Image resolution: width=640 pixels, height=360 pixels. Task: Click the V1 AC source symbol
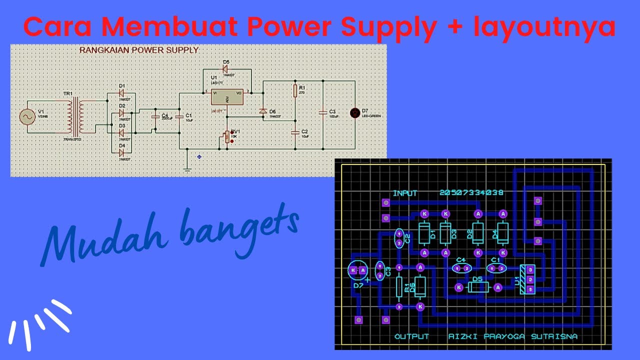click(x=27, y=117)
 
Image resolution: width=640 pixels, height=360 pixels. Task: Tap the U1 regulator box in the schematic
click(x=227, y=97)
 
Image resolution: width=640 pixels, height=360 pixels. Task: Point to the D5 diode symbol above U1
click(x=225, y=69)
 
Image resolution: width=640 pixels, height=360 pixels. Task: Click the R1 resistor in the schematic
click(x=295, y=90)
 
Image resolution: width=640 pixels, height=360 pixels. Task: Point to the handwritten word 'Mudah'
click(x=95, y=240)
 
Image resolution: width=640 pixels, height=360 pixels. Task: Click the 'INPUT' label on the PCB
click(x=405, y=193)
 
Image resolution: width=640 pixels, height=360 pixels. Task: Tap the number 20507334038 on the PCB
click(x=471, y=193)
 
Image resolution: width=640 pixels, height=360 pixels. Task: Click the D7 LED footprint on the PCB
click(x=358, y=270)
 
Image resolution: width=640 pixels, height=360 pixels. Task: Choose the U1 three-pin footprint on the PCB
click(x=529, y=279)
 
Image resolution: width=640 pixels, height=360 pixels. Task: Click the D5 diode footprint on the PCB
click(x=478, y=287)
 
